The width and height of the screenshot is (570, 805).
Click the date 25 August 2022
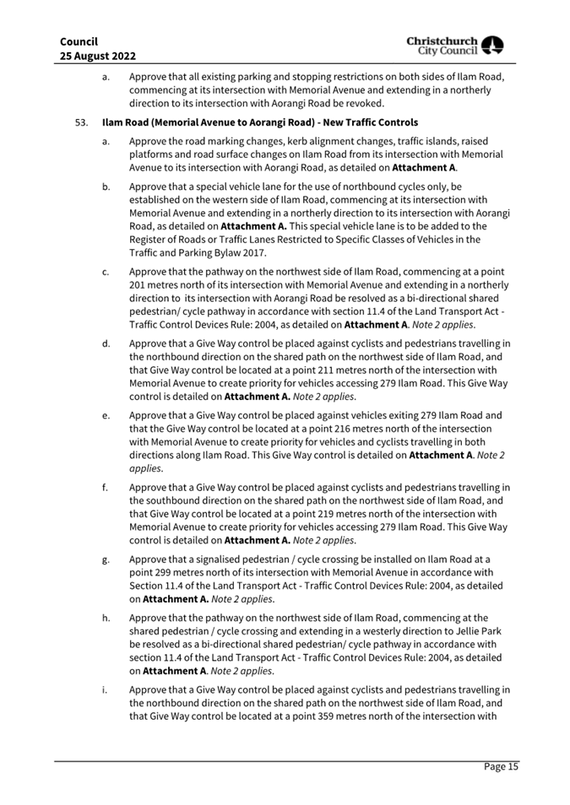point(99,56)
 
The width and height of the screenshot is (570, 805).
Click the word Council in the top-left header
point(79,41)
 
